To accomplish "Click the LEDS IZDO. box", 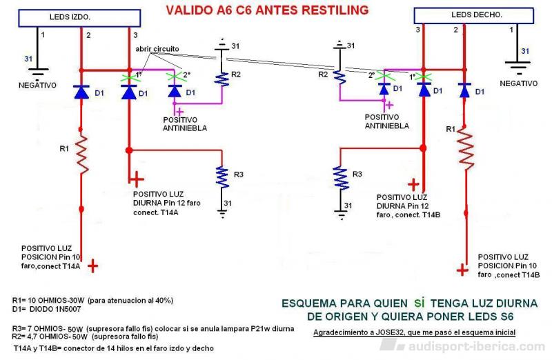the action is coord(79,18).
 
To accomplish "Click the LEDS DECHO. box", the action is coord(473,15).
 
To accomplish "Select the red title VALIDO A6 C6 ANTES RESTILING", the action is coord(267,10).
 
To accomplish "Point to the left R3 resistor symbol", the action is coord(222,177).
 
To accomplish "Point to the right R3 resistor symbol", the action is coord(340,178).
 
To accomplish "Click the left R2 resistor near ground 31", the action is coord(221,79).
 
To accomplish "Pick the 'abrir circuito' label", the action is coord(157,49).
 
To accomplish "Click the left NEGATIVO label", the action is coord(37,85).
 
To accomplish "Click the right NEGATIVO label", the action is coord(519,83).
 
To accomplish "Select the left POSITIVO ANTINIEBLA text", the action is coord(185,124).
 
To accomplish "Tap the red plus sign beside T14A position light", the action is coord(92,266).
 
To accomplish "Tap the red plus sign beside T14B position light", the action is coord(462,270).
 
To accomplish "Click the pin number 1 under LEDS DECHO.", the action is coord(511,30).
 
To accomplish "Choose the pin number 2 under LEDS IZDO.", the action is coord(88,35).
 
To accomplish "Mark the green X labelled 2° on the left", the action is coord(175,76).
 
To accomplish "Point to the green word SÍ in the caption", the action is coord(419,303).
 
